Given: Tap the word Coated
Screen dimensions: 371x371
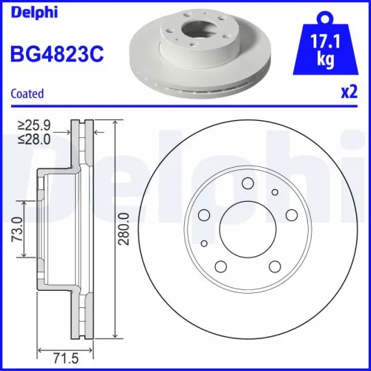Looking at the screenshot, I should tap(27, 93).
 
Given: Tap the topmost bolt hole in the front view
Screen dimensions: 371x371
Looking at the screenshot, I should tap(248, 183).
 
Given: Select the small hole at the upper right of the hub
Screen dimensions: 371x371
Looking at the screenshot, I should tap(274, 193).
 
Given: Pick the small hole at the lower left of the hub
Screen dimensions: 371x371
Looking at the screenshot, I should tap(205, 243).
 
